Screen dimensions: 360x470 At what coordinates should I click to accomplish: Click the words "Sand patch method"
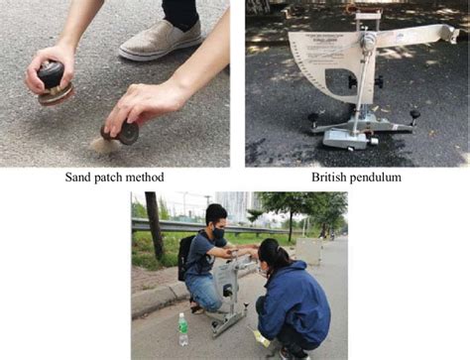pos(114,178)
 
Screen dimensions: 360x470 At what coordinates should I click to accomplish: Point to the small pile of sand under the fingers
pos(102,145)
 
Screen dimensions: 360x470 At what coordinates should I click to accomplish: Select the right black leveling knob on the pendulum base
pos(414,116)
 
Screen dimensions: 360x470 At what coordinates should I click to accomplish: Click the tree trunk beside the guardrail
pos(155,227)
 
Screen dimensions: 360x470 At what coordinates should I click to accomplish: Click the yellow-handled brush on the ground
pos(262,340)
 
